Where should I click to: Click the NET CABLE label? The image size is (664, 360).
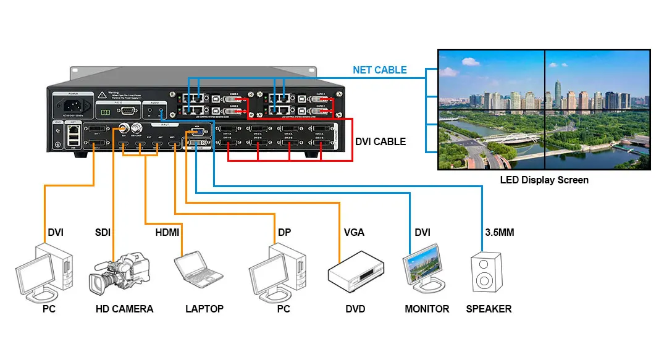[379, 70]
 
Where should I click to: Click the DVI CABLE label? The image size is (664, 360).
[380, 141]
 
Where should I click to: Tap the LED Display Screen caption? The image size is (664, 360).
[544, 180]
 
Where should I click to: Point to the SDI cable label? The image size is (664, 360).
[104, 233]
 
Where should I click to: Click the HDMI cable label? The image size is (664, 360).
[167, 233]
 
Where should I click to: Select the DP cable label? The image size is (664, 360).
[285, 233]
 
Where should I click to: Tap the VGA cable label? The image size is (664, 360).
[354, 233]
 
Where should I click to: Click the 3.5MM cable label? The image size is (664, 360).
[499, 233]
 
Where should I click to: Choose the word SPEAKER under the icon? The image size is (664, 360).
[489, 309]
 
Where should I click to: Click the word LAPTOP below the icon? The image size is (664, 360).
[204, 309]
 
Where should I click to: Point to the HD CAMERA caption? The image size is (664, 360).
[124, 309]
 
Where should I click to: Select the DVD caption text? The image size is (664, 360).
[355, 309]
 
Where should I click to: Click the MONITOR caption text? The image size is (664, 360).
[427, 309]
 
